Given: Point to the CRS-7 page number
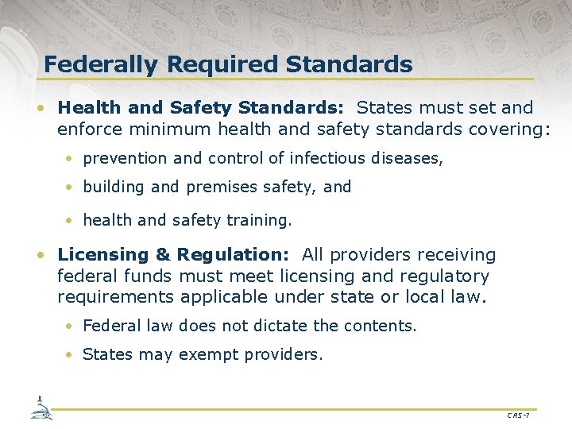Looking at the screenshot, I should click(518, 415).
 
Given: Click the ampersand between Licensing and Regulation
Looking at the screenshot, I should click(163, 255).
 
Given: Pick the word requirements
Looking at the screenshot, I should click(115, 297).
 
